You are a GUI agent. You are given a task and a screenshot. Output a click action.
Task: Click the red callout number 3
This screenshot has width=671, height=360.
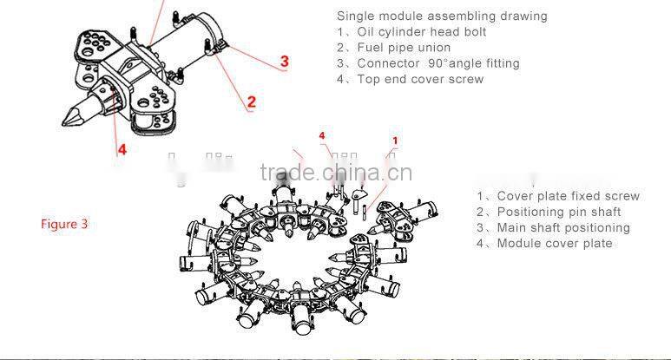(x=284, y=61)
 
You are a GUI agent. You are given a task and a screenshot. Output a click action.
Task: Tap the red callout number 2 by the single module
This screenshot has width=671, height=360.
(x=252, y=101)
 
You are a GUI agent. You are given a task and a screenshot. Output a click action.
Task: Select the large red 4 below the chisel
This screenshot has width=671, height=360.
(x=122, y=148)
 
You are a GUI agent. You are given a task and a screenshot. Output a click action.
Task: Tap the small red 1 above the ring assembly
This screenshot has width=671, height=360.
(x=395, y=140)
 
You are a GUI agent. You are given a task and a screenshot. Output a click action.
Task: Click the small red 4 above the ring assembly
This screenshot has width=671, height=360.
(x=322, y=136)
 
